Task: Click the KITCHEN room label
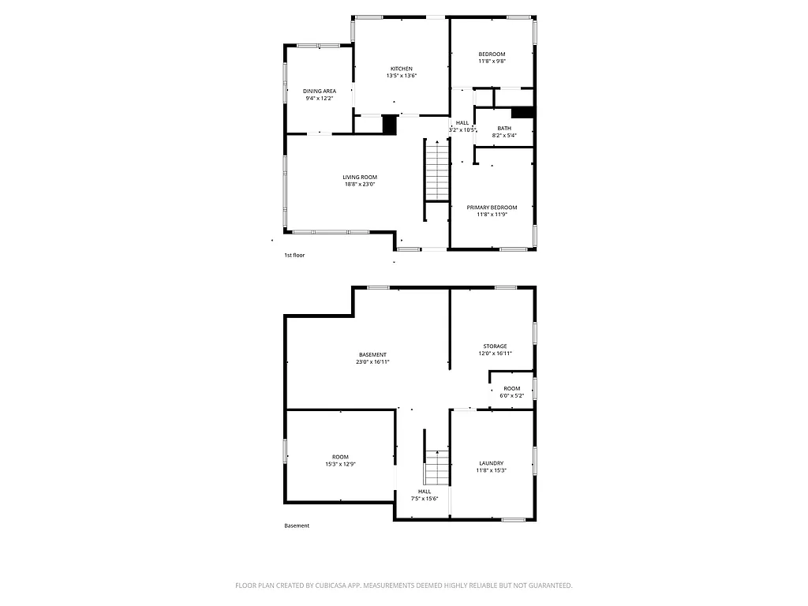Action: pos(401,69)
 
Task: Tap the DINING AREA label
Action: pos(319,91)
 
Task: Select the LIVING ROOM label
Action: pos(360,177)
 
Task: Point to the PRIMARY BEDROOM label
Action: pos(492,207)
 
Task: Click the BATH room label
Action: pos(503,128)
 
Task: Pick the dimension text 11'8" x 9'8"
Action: pos(492,61)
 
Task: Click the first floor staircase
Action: pos(436,170)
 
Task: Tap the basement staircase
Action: pos(436,468)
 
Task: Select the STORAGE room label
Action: pos(495,346)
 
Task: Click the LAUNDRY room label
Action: pos(491,463)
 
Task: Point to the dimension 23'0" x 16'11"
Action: pos(372,361)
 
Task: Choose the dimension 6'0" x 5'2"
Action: pos(511,395)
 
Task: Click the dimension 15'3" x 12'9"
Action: pos(340,464)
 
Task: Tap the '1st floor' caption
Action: pos(294,256)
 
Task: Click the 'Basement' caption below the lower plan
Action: pos(297,526)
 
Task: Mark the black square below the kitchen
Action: pos(389,125)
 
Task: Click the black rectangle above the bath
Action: pos(522,112)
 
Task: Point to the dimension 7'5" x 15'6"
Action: pos(424,499)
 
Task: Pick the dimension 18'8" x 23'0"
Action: pos(360,185)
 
